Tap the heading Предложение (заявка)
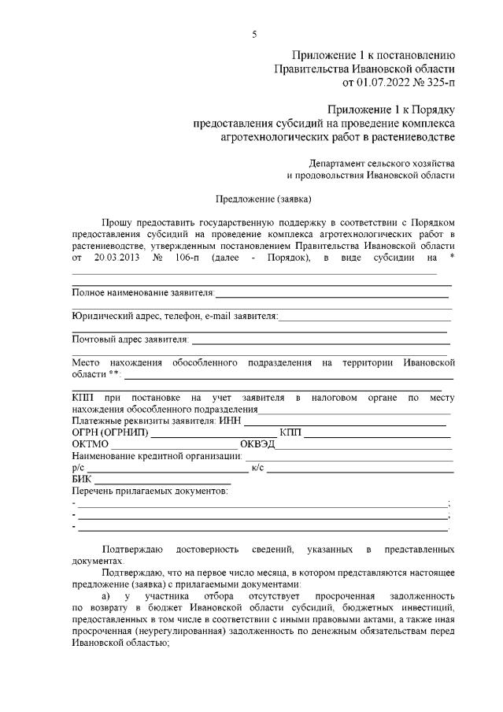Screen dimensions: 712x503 (x=264, y=198)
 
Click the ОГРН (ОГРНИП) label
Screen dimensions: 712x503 (x=109, y=433)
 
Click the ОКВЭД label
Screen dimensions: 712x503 (x=257, y=445)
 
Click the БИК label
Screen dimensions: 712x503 (x=81, y=480)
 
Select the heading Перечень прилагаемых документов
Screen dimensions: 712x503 (x=150, y=491)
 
